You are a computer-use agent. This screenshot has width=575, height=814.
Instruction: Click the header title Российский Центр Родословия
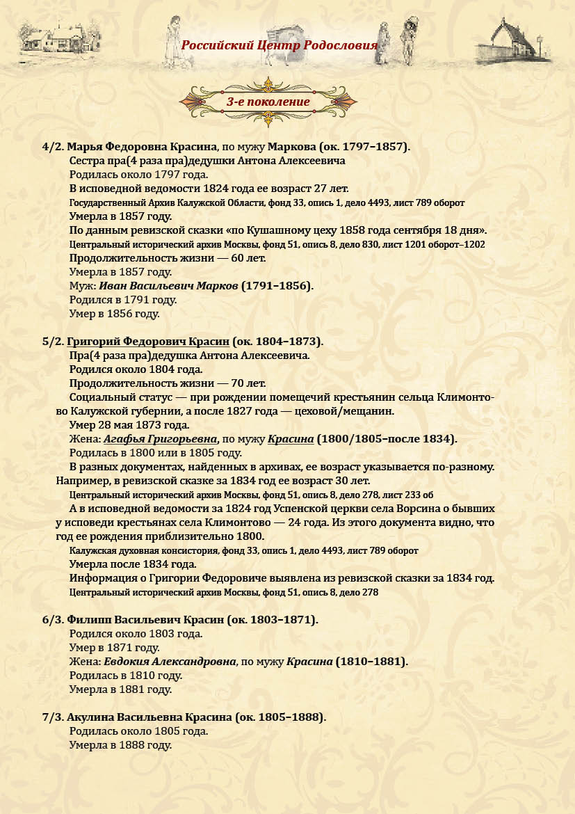[x=279, y=46]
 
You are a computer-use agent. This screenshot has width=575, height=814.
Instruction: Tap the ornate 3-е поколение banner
[x=268, y=102]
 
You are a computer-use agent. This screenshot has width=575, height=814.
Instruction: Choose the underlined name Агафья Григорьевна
[x=159, y=439]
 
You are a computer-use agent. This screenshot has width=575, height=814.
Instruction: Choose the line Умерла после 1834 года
[x=132, y=564]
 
